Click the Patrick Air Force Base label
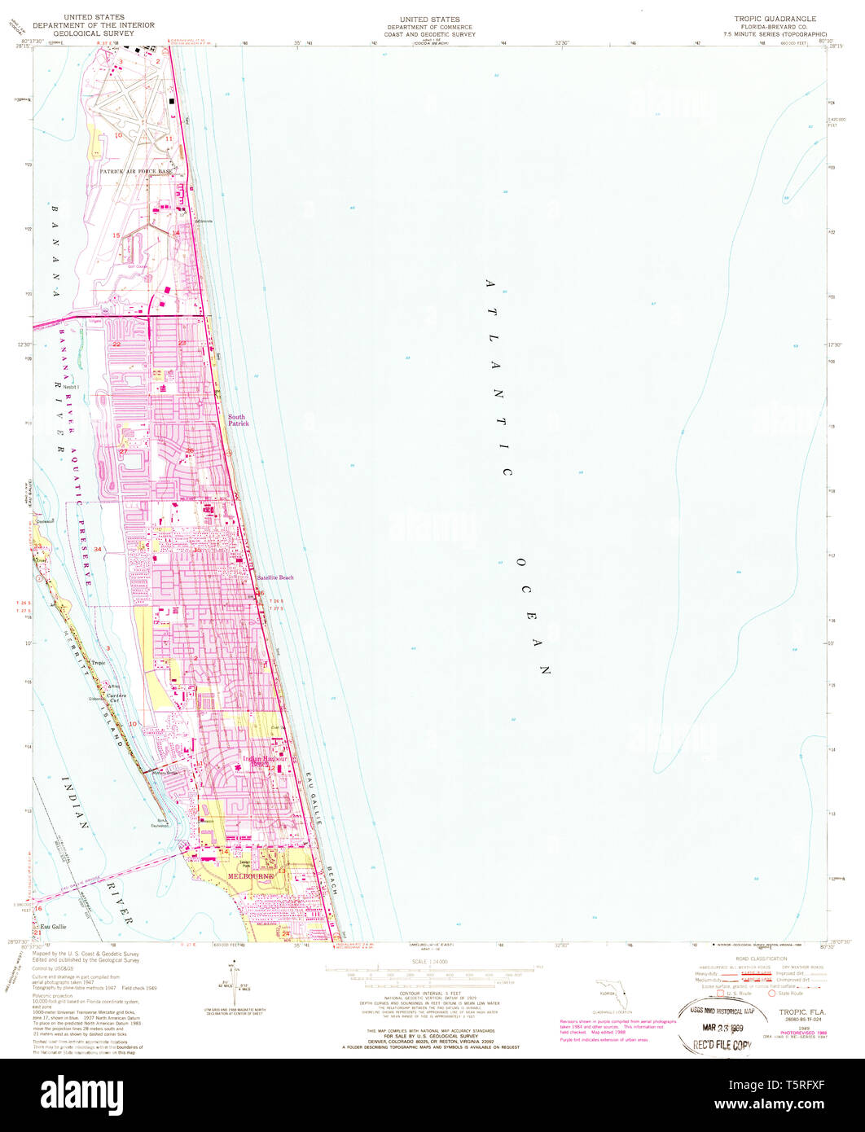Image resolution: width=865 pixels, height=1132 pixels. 136,173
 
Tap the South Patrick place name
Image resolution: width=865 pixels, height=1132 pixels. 238,420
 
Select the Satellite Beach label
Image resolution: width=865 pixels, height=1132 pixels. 274,577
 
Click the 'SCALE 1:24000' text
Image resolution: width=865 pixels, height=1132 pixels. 432,962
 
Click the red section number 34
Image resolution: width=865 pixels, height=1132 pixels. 98,549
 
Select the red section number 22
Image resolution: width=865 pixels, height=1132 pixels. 116,344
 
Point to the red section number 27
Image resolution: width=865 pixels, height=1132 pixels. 123,451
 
